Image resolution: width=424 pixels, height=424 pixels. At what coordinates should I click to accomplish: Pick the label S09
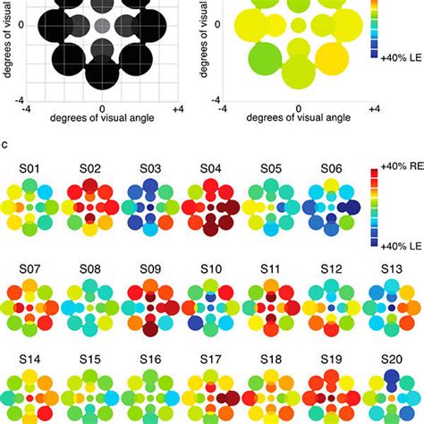click(153, 267)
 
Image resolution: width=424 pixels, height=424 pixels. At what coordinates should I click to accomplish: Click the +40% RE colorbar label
click(396, 167)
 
